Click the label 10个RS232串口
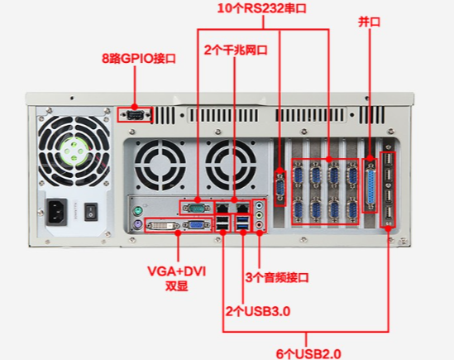(262, 8)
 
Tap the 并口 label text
(369, 22)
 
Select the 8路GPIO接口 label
(139, 59)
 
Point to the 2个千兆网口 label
(236, 50)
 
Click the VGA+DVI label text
(177, 271)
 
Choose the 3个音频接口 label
(277, 277)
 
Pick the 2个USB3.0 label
(258, 311)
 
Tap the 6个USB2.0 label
(308, 354)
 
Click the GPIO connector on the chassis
(135, 115)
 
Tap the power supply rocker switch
(91, 212)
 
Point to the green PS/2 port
(138, 211)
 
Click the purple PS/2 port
(137, 224)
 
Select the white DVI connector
(162, 225)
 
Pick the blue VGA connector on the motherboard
(197, 225)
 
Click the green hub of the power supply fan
(74, 151)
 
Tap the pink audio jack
(260, 224)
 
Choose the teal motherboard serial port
(197, 208)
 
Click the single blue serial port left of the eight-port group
(280, 188)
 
